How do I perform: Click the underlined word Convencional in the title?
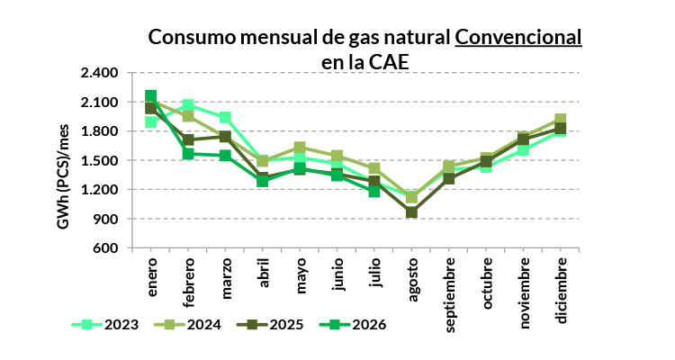click(x=518, y=37)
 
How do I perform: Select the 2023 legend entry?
click(x=105, y=324)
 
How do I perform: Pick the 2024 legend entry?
click(x=188, y=324)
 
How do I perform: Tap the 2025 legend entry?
click(x=270, y=324)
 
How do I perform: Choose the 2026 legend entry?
click(x=353, y=324)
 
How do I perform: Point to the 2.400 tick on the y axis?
click(x=99, y=72)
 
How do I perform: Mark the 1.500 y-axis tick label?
click(x=99, y=160)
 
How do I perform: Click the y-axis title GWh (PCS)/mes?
click(x=63, y=176)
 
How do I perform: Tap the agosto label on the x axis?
click(x=412, y=280)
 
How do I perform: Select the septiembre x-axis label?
click(x=449, y=295)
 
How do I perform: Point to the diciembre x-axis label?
click(x=562, y=291)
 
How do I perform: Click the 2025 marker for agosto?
click(x=412, y=211)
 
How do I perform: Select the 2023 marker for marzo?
click(x=225, y=118)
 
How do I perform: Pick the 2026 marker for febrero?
click(x=188, y=154)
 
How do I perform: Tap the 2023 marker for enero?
click(x=150, y=121)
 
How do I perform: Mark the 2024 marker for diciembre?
click(x=560, y=120)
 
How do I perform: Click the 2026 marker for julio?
click(x=374, y=191)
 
